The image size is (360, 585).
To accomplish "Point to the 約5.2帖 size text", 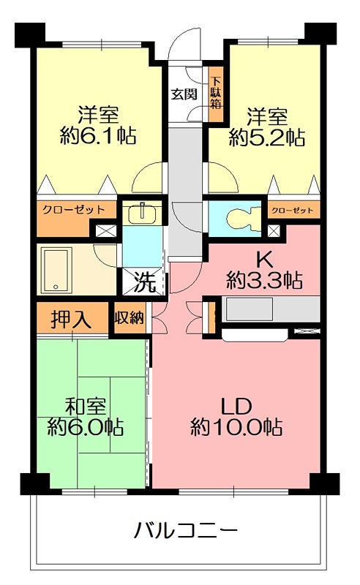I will [x=266, y=135].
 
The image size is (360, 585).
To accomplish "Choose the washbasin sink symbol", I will [x=140, y=214].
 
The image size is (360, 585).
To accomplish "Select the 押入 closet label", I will [x=71, y=319].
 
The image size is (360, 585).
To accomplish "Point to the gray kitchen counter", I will [x=271, y=309].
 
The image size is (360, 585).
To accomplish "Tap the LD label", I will [x=237, y=406].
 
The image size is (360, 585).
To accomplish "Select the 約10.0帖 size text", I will [x=237, y=426].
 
